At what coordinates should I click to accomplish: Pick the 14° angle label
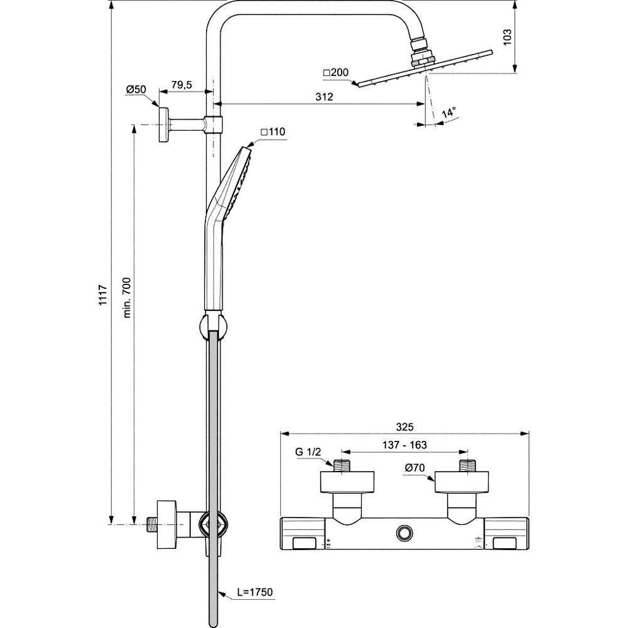click(449, 114)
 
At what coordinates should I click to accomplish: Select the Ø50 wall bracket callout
click(136, 89)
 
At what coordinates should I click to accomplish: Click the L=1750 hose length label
click(254, 592)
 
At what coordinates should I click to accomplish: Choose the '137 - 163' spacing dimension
click(405, 445)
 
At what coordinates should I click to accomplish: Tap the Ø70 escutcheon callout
click(416, 467)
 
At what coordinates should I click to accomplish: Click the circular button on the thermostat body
click(404, 533)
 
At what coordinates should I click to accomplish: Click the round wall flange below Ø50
click(165, 124)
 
